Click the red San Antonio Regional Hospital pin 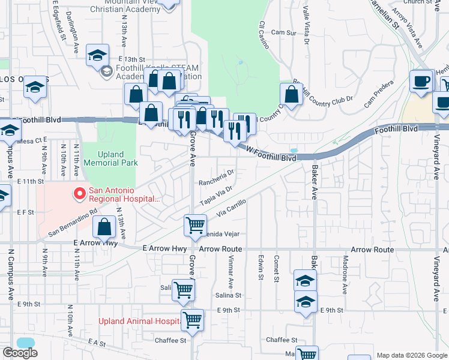[x=78, y=194]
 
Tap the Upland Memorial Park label [x=110, y=158]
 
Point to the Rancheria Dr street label [x=215, y=182]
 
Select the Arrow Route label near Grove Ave [x=220, y=248]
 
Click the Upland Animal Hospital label [x=140, y=321]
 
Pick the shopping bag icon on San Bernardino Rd [x=104, y=227]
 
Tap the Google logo [x=20, y=353]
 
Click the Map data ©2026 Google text [x=411, y=355]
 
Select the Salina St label [x=228, y=295]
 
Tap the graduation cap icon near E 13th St [x=97, y=55]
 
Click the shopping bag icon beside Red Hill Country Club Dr [x=291, y=94]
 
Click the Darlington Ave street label [x=71, y=24]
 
